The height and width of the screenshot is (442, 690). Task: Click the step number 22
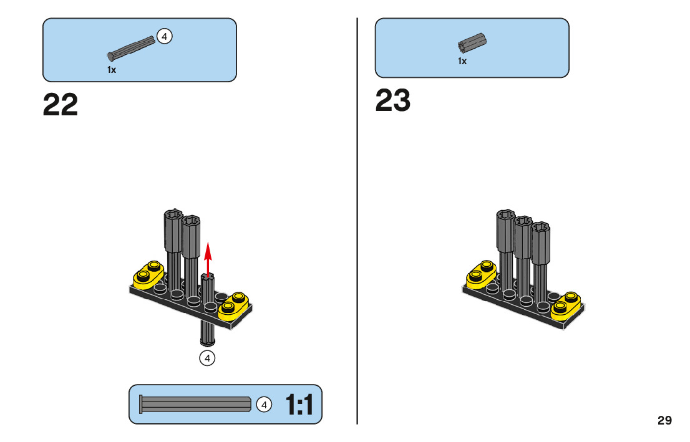[x=61, y=105]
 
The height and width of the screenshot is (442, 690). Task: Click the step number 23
[x=393, y=100]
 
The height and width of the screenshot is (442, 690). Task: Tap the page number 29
[x=664, y=420]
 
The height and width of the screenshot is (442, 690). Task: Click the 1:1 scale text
[x=300, y=405]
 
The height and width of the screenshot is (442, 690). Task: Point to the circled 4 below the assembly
[x=207, y=358]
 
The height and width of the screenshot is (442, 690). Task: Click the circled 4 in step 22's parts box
[x=164, y=37]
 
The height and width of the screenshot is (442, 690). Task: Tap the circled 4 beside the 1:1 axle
[x=265, y=405]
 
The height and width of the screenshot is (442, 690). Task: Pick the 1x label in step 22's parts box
[x=112, y=70]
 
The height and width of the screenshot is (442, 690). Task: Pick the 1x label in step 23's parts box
[x=462, y=61]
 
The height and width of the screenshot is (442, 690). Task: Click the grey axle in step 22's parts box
[x=132, y=48]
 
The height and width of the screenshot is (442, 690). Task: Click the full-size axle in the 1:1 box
[x=195, y=405]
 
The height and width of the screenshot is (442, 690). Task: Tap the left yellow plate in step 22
[x=148, y=274]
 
